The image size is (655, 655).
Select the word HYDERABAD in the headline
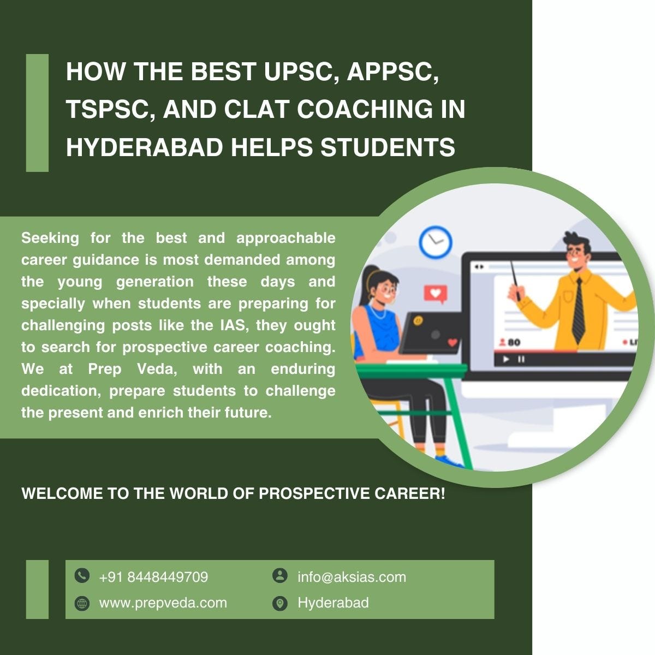(x=144, y=147)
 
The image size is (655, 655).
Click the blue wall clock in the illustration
(x=435, y=242)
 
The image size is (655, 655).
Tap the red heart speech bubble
(x=435, y=294)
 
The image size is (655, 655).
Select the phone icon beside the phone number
(x=82, y=575)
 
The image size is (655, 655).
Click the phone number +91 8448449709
(x=153, y=577)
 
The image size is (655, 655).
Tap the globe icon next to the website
(x=82, y=603)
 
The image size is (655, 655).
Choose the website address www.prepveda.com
(x=163, y=603)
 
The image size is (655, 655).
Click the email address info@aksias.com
(x=352, y=577)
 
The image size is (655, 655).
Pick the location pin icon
(x=279, y=603)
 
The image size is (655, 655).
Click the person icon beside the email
(x=279, y=575)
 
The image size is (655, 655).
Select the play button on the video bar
(x=506, y=359)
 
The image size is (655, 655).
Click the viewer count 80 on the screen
(x=514, y=342)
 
